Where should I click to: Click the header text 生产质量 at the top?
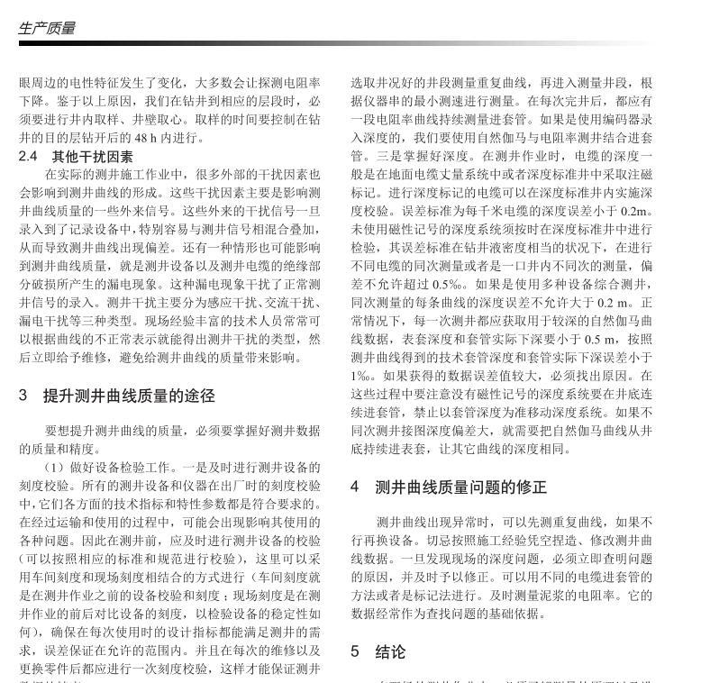tap(47, 28)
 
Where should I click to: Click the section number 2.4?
tap(28, 156)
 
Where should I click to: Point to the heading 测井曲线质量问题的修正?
tap(460, 487)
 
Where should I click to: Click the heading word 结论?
tap(390, 651)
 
